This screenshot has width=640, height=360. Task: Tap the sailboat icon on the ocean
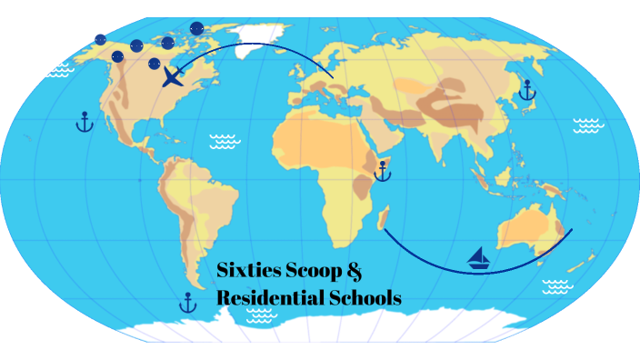click(x=479, y=259)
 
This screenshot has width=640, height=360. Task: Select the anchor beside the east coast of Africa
click(x=382, y=170)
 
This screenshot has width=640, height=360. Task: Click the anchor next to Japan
click(x=525, y=90)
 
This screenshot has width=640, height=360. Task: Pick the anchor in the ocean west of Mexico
click(x=85, y=122)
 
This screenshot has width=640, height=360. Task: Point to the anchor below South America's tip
click(x=188, y=302)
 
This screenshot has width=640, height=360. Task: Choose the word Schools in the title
click(x=367, y=297)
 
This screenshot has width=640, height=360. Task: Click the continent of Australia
click(x=525, y=227)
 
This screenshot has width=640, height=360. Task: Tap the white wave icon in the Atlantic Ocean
click(x=223, y=141)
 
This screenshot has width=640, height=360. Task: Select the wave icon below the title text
click(x=262, y=315)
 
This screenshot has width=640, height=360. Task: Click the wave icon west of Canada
click(x=60, y=69)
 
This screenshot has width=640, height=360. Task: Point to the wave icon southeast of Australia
click(x=556, y=287)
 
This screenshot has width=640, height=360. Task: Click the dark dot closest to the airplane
click(x=155, y=64)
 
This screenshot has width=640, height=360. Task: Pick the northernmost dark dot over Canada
click(x=196, y=28)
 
